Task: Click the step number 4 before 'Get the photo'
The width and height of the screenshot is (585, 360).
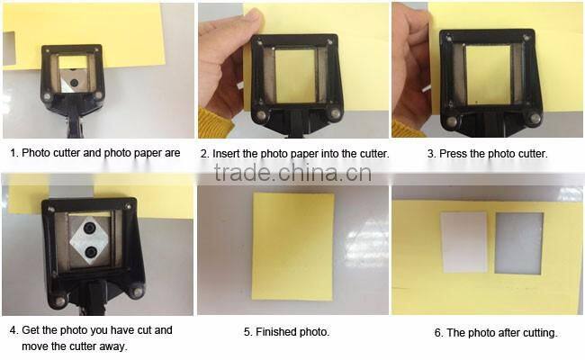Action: [x=13, y=330]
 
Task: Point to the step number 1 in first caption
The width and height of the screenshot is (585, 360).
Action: [x=13, y=153]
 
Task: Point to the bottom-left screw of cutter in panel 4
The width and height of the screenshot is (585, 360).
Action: [x=59, y=299]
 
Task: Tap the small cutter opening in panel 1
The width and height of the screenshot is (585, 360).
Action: [x=74, y=65]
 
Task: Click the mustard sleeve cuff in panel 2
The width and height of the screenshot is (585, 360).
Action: [x=216, y=124]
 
